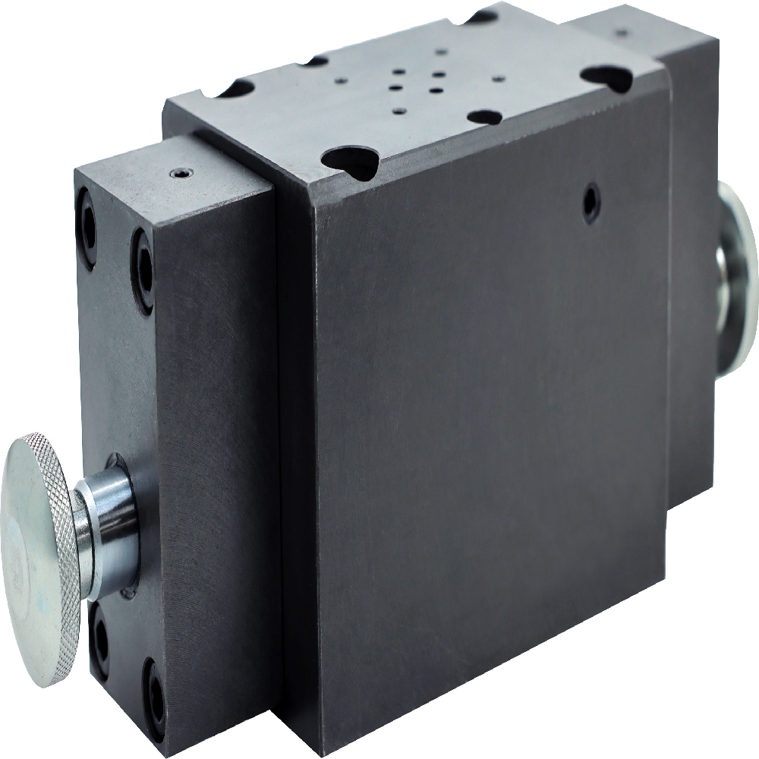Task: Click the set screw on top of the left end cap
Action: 180,174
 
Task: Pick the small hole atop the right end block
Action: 623,33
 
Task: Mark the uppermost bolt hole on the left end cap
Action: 86,210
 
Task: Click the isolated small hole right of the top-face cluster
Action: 497,77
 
